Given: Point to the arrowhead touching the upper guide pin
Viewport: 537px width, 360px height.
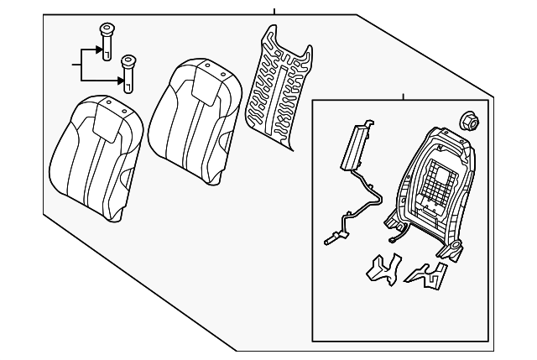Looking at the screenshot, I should [98, 49].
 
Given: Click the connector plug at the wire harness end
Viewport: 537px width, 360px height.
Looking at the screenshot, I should [329, 239].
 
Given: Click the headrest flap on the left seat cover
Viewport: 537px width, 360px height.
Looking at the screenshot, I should [110, 118].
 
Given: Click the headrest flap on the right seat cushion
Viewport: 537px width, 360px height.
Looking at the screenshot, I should [205, 83].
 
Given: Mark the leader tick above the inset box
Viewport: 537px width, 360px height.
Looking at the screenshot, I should [403, 97].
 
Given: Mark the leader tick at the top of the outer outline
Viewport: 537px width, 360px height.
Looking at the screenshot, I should [274, 11].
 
